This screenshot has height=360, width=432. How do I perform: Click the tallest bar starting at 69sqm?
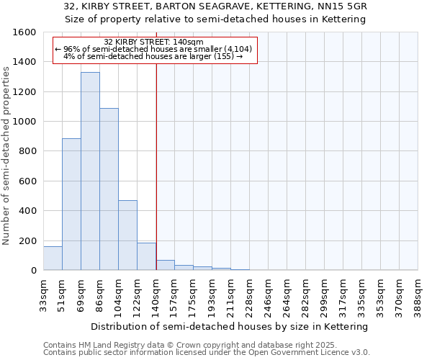pos(90,171)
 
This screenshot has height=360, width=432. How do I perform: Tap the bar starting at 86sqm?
pos(109,189)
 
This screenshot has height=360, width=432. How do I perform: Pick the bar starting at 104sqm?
pos(127,235)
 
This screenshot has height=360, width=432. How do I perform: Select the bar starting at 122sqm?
pos(146,256)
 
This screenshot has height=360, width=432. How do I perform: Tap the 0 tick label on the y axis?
pos(34,271)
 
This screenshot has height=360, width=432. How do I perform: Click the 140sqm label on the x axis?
pos(156,294)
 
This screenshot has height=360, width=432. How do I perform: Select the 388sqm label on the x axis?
pos(418,294)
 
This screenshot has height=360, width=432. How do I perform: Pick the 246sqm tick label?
pos(269,294)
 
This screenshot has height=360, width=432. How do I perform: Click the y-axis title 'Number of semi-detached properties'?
pos(6,153)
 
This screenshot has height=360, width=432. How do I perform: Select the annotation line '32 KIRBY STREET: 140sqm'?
pos(154,42)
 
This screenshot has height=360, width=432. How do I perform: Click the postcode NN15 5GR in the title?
pos(344,6)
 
